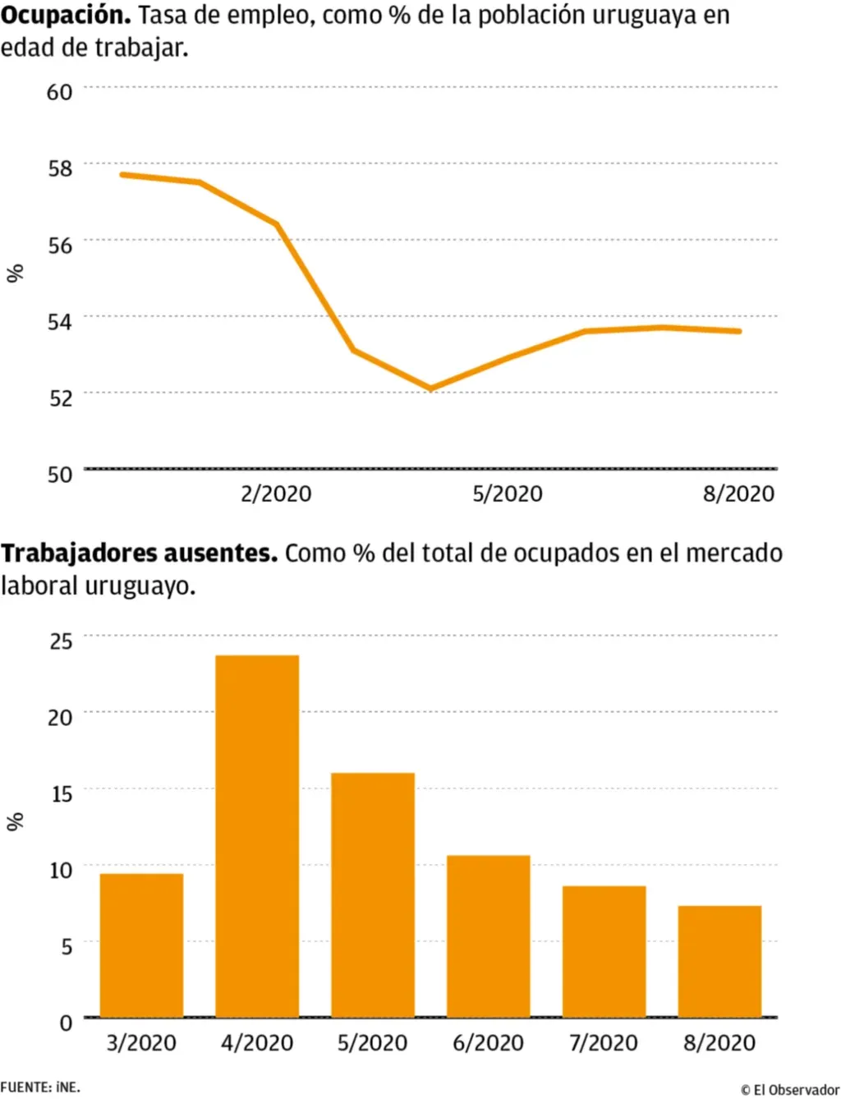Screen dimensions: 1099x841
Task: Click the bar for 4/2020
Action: point(257,836)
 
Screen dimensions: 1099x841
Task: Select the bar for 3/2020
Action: point(141,945)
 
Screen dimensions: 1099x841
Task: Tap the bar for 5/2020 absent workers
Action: point(373,895)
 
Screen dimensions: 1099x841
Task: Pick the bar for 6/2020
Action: point(489,936)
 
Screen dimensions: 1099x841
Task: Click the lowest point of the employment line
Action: point(431,389)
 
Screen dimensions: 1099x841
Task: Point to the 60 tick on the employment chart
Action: point(59,91)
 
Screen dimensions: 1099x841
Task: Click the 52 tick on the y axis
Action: point(59,398)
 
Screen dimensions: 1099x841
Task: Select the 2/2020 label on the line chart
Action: point(276,494)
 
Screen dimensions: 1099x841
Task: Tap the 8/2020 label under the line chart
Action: point(738,494)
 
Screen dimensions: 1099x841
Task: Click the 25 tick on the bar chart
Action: point(61,641)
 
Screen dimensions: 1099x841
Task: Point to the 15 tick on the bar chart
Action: point(61,793)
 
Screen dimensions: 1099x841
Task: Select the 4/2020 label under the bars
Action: point(257,1043)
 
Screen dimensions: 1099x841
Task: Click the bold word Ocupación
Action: point(66,16)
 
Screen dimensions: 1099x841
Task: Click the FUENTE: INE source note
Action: point(40,1087)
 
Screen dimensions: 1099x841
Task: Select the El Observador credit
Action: point(790,1089)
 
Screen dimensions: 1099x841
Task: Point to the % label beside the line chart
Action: point(15,274)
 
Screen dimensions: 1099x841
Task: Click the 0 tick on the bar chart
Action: point(66,1023)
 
